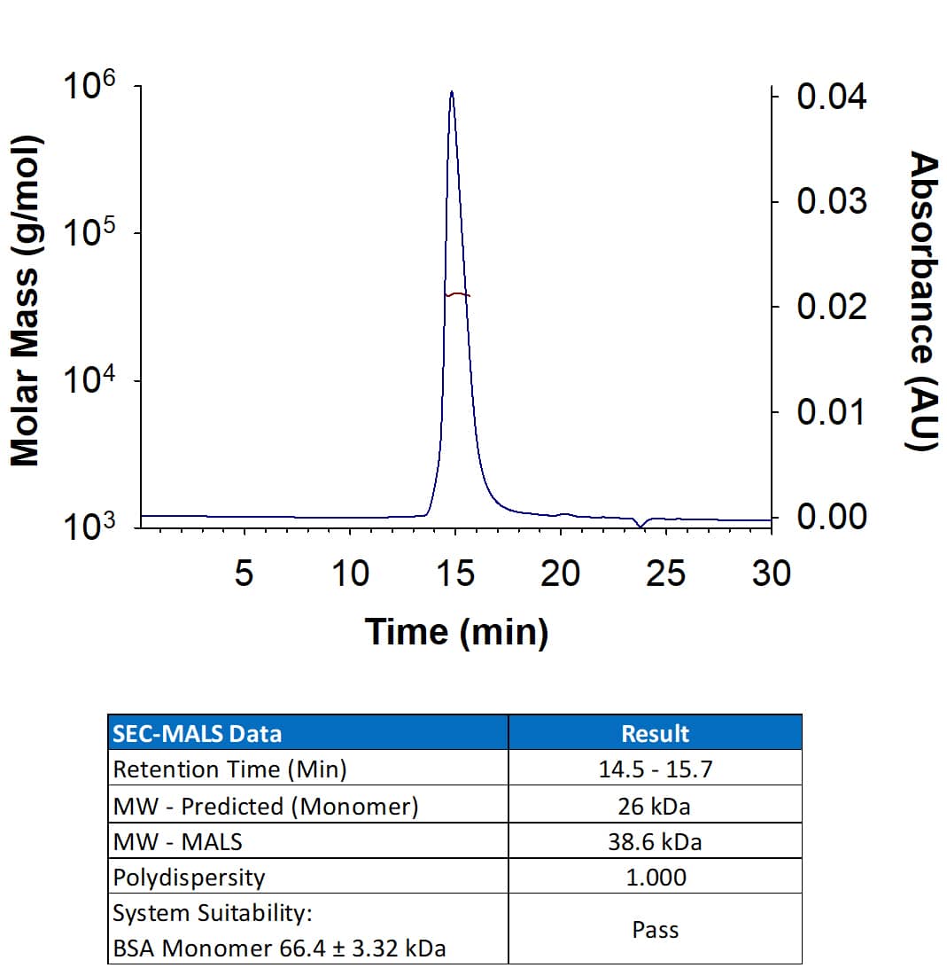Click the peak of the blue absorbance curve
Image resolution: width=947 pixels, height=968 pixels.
click(452, 92)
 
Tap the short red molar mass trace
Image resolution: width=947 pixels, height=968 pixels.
click(457, 294)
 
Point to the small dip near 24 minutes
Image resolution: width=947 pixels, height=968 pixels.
click(641, 526)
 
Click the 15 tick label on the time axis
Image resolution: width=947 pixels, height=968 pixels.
click(455, 574)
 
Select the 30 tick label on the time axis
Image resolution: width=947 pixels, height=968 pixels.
click(771, 574)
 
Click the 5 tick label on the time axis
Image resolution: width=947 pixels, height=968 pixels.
click(244, 574)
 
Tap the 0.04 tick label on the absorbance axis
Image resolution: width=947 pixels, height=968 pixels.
click(831, 97)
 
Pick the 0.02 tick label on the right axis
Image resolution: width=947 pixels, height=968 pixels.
click(831, 307)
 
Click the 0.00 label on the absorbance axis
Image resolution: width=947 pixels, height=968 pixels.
click(831, 517)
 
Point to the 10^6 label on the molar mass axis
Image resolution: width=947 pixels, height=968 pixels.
click(89, 89)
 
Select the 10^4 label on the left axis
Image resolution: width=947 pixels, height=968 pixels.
click(89, 383)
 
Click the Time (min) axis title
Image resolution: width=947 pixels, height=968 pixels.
click(456, 632)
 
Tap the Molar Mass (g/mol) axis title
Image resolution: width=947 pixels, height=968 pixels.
click(26, 301)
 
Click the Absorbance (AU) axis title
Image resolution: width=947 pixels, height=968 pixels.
click(924, 301)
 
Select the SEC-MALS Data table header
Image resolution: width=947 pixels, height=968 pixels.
click(198, 733)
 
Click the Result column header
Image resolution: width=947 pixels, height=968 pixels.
click(655, 733)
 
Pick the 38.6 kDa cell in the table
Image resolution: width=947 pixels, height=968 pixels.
click(655, 841)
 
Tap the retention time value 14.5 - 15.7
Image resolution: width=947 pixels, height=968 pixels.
click(655, 769)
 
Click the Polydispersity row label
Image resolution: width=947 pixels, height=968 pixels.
click(189, 878)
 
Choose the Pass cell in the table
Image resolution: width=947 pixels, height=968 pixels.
click(655, 930)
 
